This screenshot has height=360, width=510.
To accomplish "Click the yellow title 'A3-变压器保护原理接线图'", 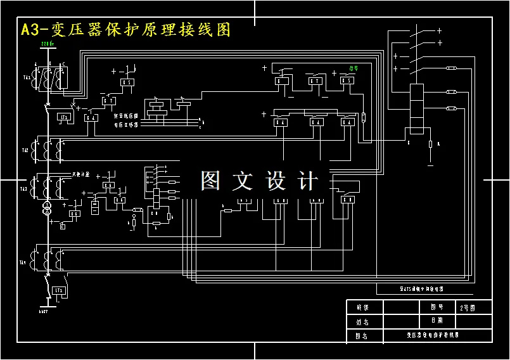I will [125, 30].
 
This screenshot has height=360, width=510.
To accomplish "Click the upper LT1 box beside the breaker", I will [63, 117].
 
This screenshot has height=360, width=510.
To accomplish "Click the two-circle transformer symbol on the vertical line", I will [46, 210].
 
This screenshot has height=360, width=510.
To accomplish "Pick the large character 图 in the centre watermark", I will [211, 181].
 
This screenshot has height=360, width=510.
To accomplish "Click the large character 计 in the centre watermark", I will [307, 181].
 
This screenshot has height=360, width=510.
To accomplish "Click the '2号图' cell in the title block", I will [468, 307].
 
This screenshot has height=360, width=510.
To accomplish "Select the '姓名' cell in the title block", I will [362, 321].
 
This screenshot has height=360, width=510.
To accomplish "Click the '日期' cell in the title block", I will [437, 321].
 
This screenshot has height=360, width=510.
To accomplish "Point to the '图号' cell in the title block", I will [437, 307].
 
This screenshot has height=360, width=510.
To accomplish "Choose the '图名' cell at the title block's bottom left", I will [362, 335].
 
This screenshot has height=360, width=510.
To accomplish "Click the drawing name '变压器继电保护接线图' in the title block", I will [432, 335].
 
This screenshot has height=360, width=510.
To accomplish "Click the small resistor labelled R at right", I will [431, 145].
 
